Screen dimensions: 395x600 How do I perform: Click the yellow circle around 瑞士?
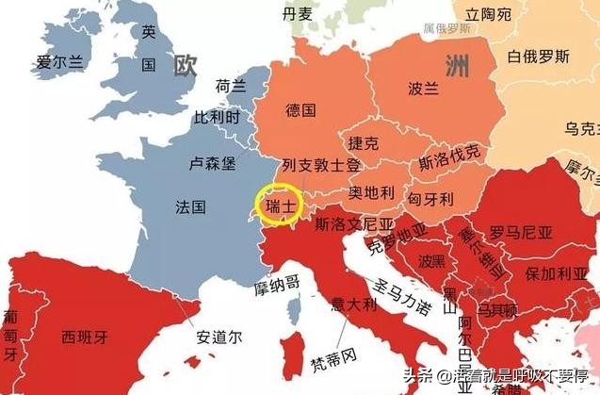[x=279, y=206]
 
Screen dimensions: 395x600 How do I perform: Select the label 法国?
[x=190, y=206]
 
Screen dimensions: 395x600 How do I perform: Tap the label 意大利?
[x=354, y=305]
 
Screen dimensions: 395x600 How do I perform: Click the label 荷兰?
[x=231, y=86]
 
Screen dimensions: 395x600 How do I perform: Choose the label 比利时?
[x=218, y=119]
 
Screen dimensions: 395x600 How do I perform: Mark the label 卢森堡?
[x=212, y=162]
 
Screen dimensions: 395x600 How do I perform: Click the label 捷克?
[x=363, y=143]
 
